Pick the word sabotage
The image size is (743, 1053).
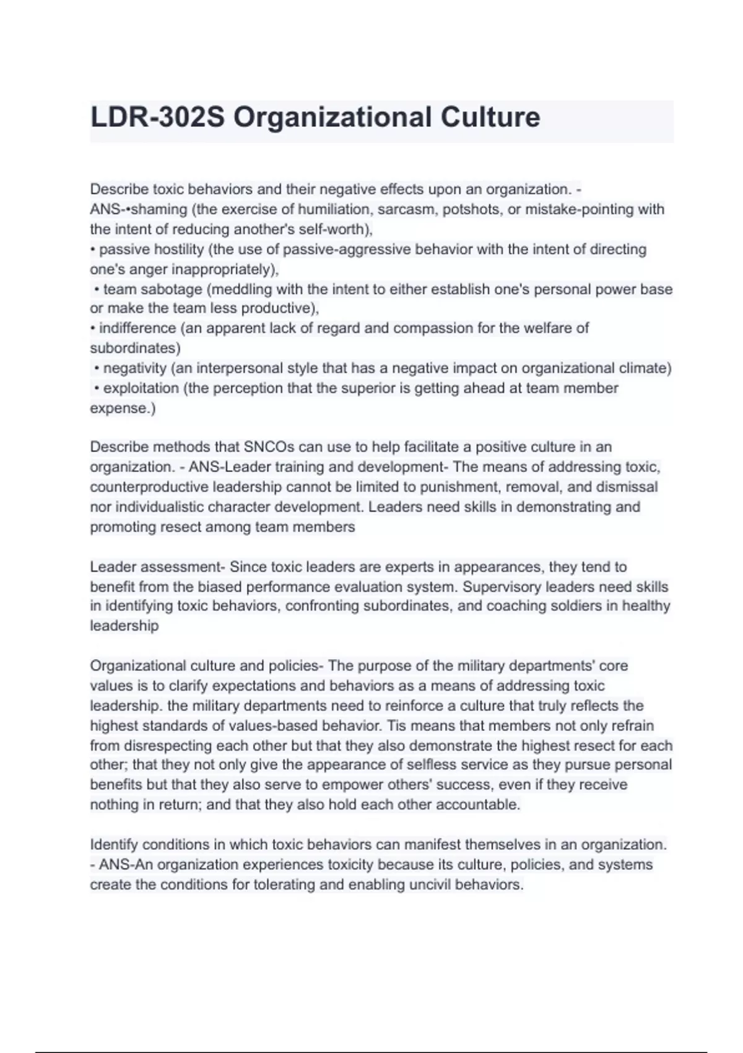(175, 289)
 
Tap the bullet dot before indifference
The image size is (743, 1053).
(92, 328)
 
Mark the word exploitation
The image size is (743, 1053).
(141, 388)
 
